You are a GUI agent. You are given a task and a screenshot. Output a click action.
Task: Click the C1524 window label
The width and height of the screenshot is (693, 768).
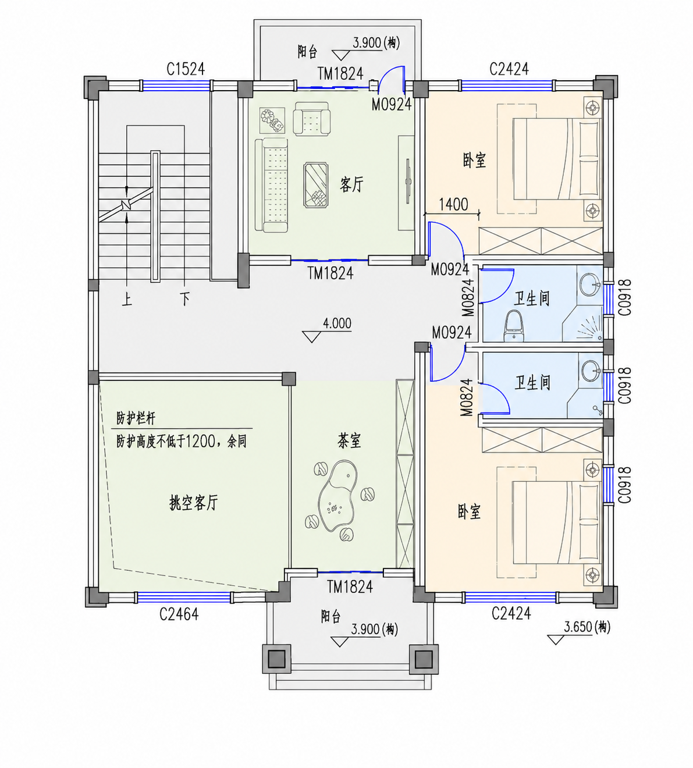[x=186, y=69]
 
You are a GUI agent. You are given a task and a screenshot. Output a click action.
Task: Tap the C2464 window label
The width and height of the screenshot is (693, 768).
[x=179, y=614]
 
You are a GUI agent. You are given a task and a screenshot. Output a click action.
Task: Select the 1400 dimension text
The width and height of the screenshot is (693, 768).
[x=453, y=204]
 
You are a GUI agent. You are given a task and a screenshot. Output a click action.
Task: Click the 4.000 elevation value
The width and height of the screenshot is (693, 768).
[x=337, y=323]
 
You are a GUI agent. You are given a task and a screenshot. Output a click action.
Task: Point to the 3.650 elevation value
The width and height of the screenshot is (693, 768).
[x=578, y=628]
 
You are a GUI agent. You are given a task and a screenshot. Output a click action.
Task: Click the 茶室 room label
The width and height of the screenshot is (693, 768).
[x=349, y=440]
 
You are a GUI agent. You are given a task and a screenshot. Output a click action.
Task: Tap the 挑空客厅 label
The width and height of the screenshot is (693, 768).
[x=194, y=503]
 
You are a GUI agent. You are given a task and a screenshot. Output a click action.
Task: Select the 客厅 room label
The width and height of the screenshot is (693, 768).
[x=351, y=185]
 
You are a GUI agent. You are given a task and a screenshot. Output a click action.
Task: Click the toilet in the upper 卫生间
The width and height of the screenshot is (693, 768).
[x=513, y=326]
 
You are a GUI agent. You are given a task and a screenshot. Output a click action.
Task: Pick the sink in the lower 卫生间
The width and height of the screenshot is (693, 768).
[x=591, y=371]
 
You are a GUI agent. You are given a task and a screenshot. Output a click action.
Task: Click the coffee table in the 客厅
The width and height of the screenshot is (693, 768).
[x=317, y=185]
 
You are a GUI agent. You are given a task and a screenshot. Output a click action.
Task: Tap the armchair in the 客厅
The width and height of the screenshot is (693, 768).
[x=311, y=119]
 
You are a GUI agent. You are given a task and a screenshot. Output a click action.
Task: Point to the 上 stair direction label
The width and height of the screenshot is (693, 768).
[x=127, y=298]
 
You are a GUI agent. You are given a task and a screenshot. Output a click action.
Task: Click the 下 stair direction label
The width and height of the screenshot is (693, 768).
[x=185, y=298]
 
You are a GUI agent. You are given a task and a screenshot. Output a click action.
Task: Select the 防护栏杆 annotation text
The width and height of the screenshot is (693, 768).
[x=136, y=419]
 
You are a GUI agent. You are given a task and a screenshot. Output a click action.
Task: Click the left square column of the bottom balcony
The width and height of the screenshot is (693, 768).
[x=277, y=659]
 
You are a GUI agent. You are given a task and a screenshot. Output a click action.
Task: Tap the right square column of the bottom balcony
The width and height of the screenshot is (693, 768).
[x=424, y=659]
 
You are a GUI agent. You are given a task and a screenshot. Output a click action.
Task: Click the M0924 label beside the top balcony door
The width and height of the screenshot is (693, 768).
[x=391, y=105]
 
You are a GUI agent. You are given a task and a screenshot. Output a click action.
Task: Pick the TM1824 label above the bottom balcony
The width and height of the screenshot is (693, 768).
[x=350, y=587]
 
